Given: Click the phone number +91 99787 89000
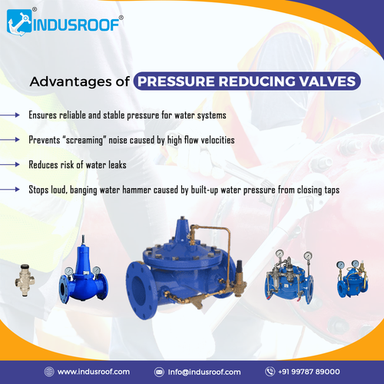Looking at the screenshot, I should click(314, 371).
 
